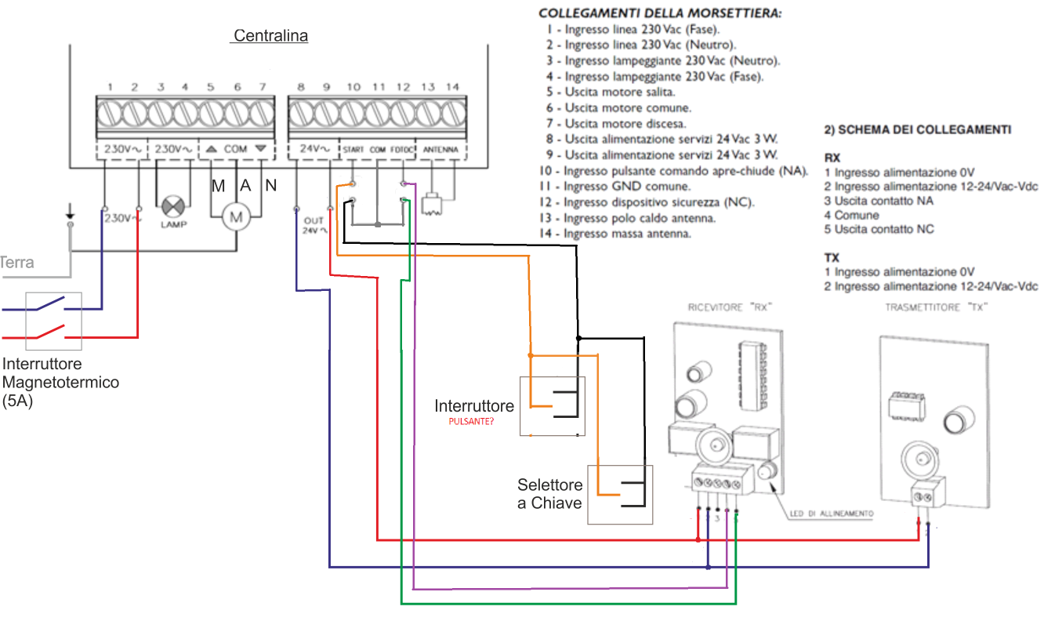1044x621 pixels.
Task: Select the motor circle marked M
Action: click(235, 216)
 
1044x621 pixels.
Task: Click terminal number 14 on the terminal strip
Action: click(452, 114)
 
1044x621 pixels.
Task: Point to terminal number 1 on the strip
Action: click(111, 114)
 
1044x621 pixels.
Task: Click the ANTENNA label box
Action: click(440, 148)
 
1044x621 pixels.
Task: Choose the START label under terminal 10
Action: click(353, 148)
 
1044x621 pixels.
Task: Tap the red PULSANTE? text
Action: click(472, 422)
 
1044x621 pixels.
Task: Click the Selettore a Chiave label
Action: click(549, 493)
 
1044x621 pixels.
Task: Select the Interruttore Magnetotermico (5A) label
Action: click(61, 382)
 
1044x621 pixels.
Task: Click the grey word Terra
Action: click(17, 263)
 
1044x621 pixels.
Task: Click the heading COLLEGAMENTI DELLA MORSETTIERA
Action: click(660, 14)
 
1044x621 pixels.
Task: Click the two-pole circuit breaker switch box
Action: click(53, 321)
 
